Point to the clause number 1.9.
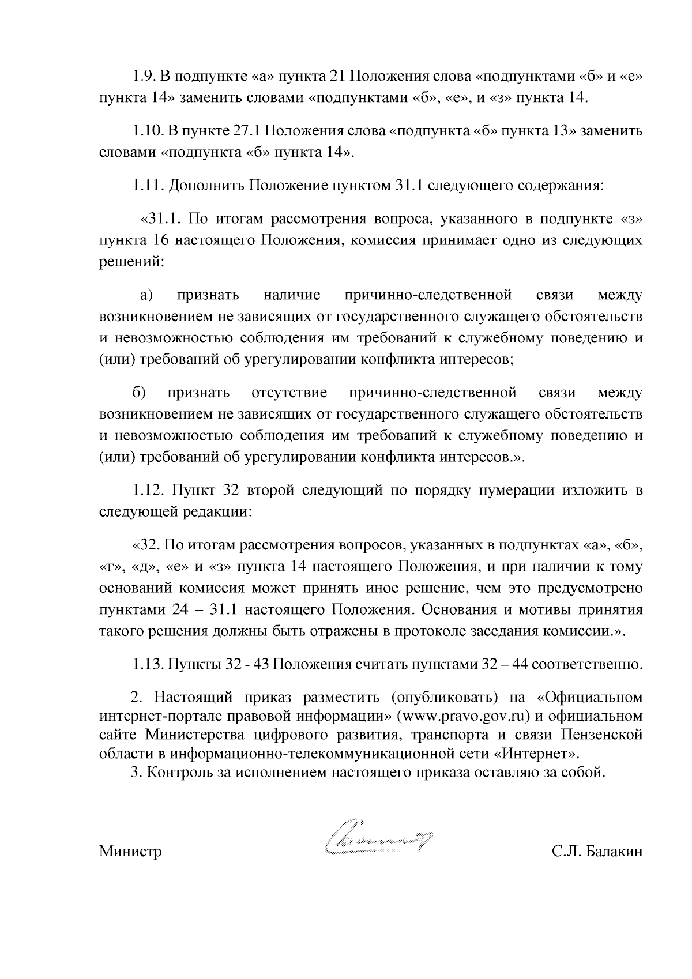pyautogui.click(x=142, y=77)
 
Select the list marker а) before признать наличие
pyautogui.click(x=146, y=296)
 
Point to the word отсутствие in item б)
pyautogui.click(x=289, y=393)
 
